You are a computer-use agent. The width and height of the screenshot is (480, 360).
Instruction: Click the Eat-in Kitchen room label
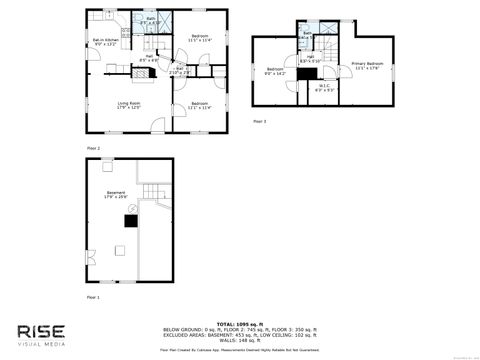[105, 42]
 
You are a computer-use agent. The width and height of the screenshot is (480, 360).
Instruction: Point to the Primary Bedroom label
[368, 67]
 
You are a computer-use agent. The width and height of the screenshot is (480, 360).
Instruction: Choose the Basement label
[117, 195]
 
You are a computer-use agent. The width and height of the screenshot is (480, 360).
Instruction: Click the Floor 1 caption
[93, 297]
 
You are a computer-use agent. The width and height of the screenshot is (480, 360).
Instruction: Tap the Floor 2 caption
[93, 148]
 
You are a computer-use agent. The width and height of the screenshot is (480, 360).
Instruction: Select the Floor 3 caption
[259, 121]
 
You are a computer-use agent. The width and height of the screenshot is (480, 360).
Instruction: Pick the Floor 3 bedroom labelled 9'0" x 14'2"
[275, 70]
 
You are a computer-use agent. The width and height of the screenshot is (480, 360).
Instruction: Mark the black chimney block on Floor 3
[303, 74]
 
